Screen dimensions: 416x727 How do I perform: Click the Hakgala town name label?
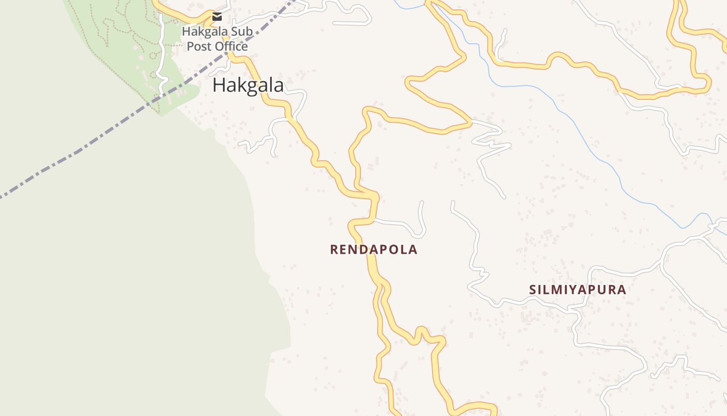tap(248, 85)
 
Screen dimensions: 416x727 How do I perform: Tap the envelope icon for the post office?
tap(217, 17)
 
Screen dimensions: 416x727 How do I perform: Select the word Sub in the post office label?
tap(242, 32)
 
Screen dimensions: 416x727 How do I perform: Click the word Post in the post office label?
tap(197, 46)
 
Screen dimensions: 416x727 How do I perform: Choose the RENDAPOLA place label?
tap(373, 250)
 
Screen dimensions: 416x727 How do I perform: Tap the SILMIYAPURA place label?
tap(577, 290)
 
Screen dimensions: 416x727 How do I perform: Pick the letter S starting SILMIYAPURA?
tap(533, 290)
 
